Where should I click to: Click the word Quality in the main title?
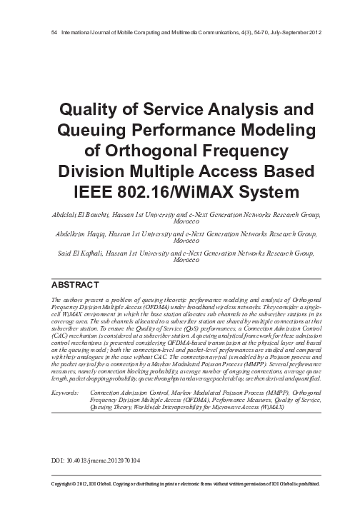point(89,111)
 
